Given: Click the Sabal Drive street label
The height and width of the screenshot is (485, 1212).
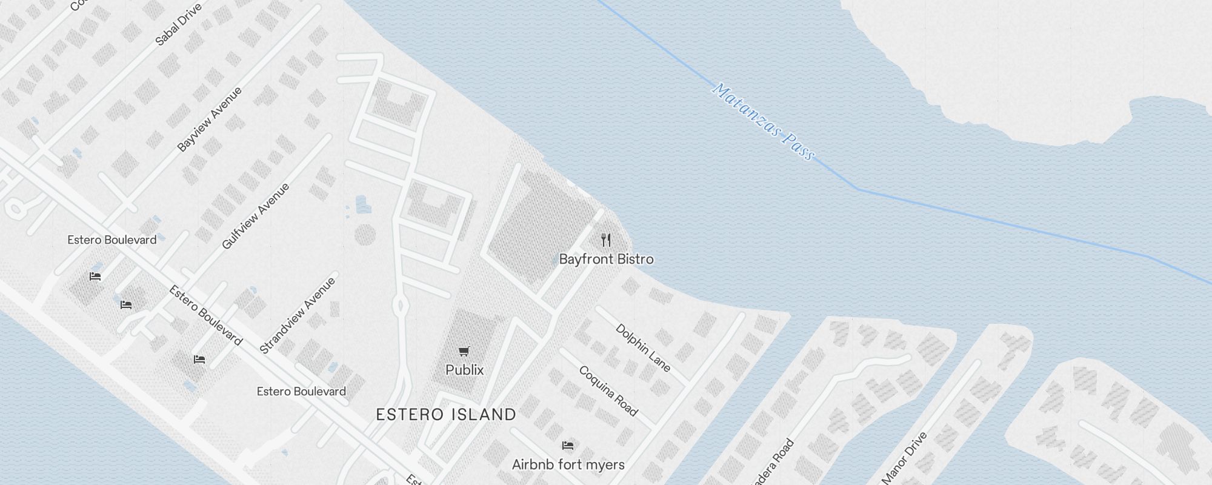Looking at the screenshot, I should (x=178, y=24).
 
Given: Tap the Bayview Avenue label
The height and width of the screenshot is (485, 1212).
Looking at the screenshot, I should (x=209, y=119).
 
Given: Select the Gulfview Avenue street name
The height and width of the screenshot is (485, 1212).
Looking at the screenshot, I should (x=255, y=216).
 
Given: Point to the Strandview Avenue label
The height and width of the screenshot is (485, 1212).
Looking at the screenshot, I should (x=297, y=315).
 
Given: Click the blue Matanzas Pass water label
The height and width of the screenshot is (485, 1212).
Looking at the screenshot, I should (x=763, y=121).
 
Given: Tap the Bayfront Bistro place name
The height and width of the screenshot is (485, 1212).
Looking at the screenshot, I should (x=606, y=259).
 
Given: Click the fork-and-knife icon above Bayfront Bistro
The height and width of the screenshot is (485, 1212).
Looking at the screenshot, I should (x=606, y=240).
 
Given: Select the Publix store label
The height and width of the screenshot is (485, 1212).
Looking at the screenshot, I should (x=464, y=370).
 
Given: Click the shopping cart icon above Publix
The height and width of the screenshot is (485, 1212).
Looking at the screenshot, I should (x=464, y=351).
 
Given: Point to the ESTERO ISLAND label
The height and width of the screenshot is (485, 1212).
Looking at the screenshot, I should (x=446, y=415).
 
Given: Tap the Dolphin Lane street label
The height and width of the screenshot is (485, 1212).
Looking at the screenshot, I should (x=643, y=347).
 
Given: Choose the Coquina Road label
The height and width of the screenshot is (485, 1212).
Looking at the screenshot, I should (x=608, y=391).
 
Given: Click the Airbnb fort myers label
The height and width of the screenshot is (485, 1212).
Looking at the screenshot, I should (x=568, y=465).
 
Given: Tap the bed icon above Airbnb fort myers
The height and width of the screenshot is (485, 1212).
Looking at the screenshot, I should (x=568, y=446).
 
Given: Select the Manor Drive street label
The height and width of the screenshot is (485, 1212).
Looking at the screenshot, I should (x=904, y=458).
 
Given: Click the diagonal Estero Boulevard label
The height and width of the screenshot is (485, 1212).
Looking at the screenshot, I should (x=205, y=316).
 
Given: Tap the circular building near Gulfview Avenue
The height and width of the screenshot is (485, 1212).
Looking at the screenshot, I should (x=365, y=235).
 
